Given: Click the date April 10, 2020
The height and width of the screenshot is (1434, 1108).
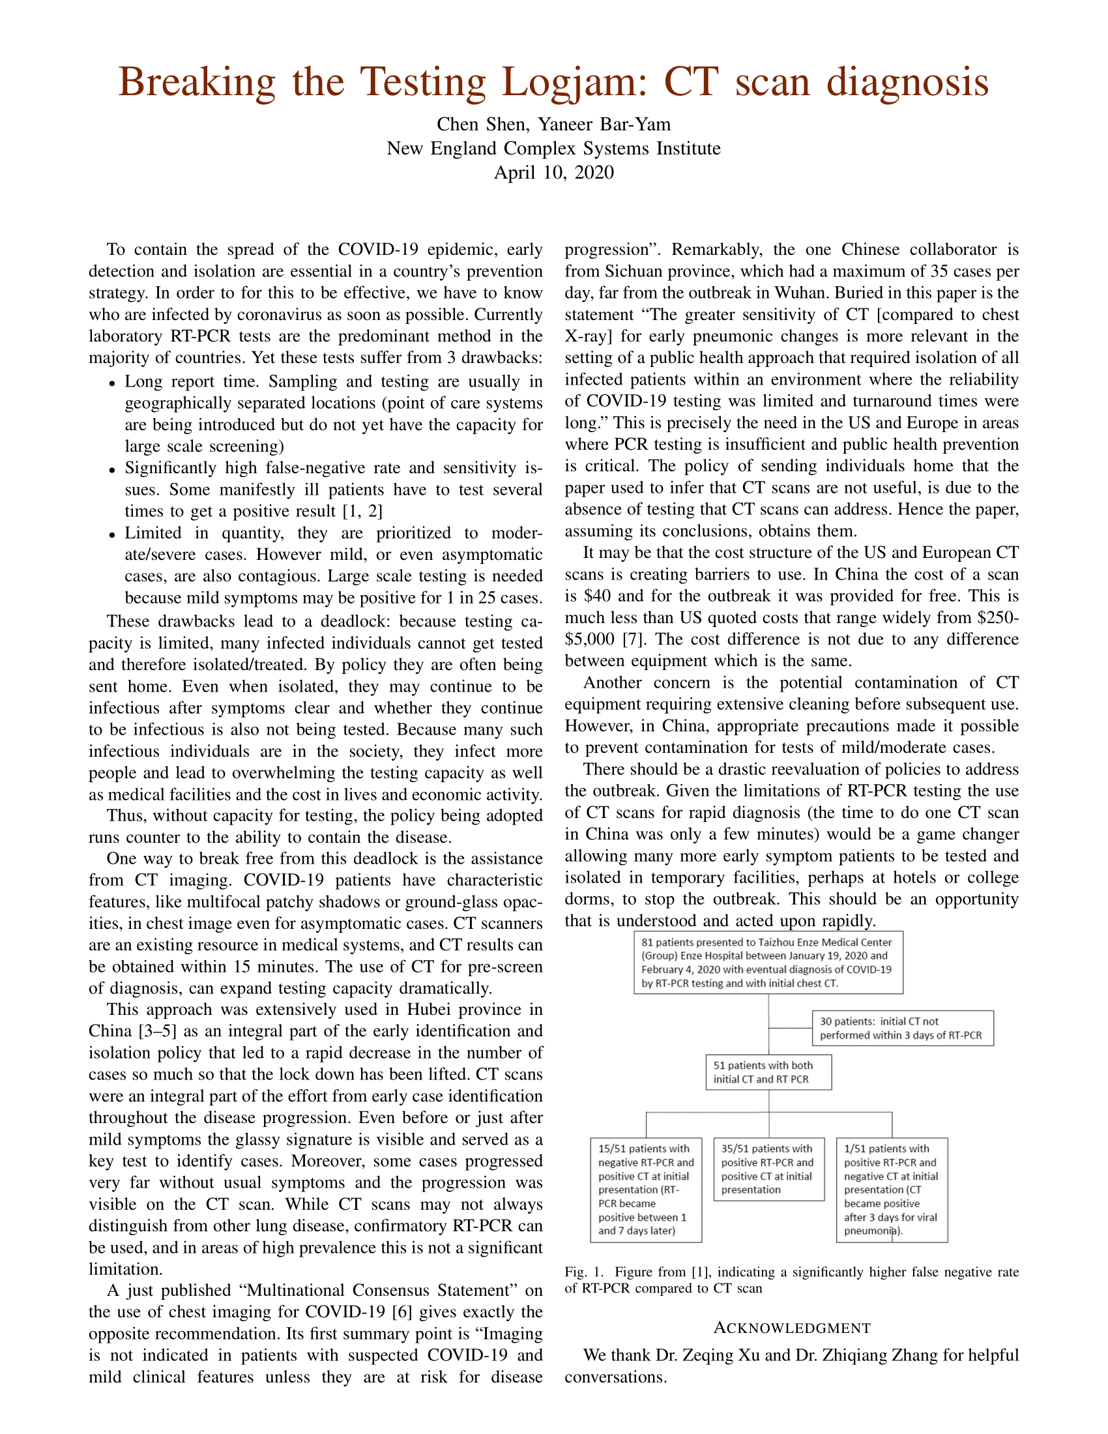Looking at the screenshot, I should [553, 173].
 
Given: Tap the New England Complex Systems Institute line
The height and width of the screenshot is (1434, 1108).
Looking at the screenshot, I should [553, 149].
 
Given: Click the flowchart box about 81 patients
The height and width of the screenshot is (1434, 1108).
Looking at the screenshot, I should [768, 962].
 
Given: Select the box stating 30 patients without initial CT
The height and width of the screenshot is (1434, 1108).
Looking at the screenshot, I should [903, 1028].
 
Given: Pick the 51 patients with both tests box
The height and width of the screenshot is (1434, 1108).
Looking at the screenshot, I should [768, 1072].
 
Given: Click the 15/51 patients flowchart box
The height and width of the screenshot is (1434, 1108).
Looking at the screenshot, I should [646, 1189].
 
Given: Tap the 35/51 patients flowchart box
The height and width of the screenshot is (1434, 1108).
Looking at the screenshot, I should [768, 1169].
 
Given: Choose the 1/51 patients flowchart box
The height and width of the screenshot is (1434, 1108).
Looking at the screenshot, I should [892, 1189].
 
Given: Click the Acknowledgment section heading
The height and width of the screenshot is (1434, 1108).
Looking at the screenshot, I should [792, 1328].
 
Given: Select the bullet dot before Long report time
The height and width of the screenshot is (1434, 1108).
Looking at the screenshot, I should [113, 383].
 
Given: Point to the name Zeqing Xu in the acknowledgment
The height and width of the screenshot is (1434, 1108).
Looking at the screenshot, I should [713, 1355].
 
